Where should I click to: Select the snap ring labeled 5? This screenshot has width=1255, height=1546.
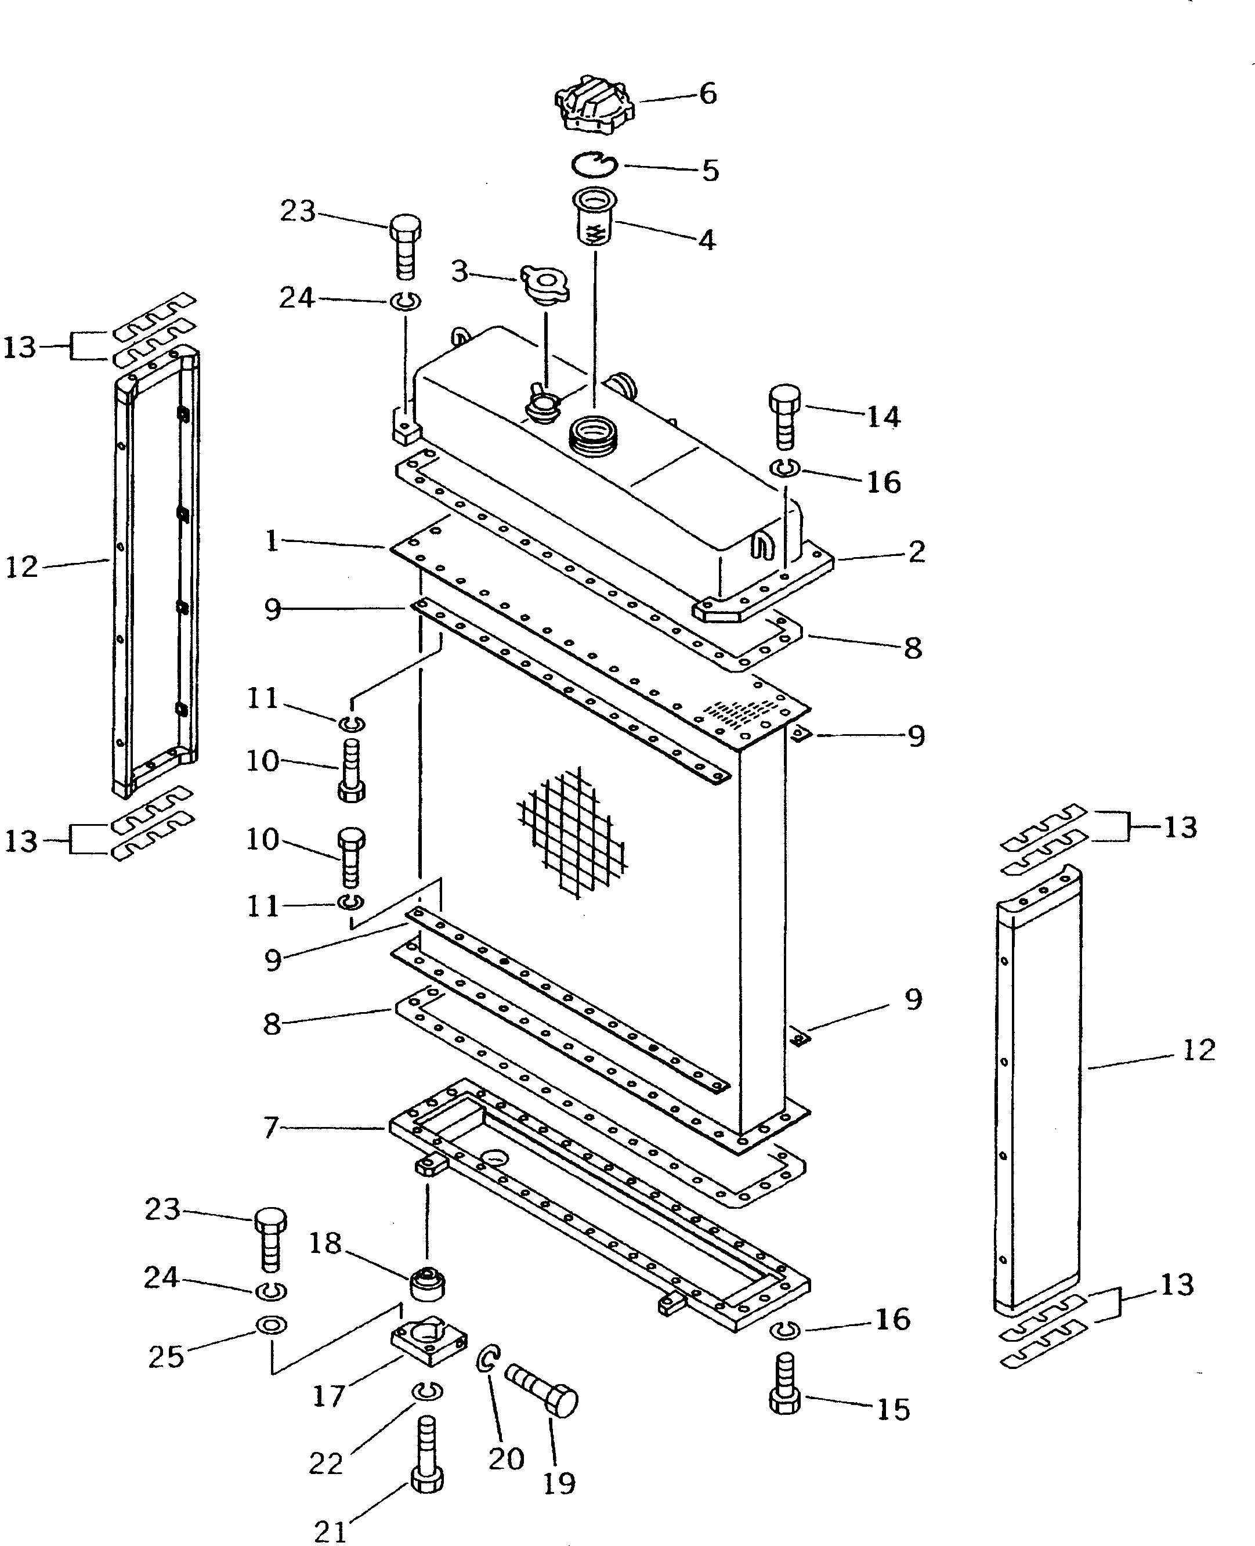[593, 165]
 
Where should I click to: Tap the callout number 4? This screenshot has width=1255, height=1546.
[706, 240]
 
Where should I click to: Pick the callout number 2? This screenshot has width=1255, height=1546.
[916, 552]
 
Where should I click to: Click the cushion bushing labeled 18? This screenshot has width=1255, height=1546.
[427, 1284]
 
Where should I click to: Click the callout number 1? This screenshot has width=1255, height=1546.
[272, 541]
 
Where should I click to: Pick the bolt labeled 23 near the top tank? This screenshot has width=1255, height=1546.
[405, 246]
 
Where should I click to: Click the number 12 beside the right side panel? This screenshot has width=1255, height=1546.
[1198, 1050]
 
